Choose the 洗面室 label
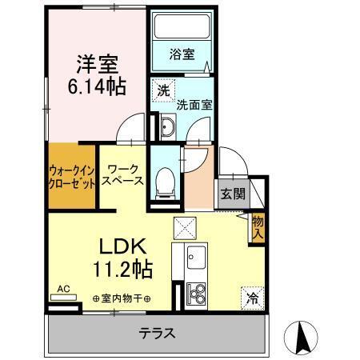[x=193, y=103]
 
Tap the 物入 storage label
[x=258, y=226]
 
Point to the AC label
[x=65, y=290]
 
